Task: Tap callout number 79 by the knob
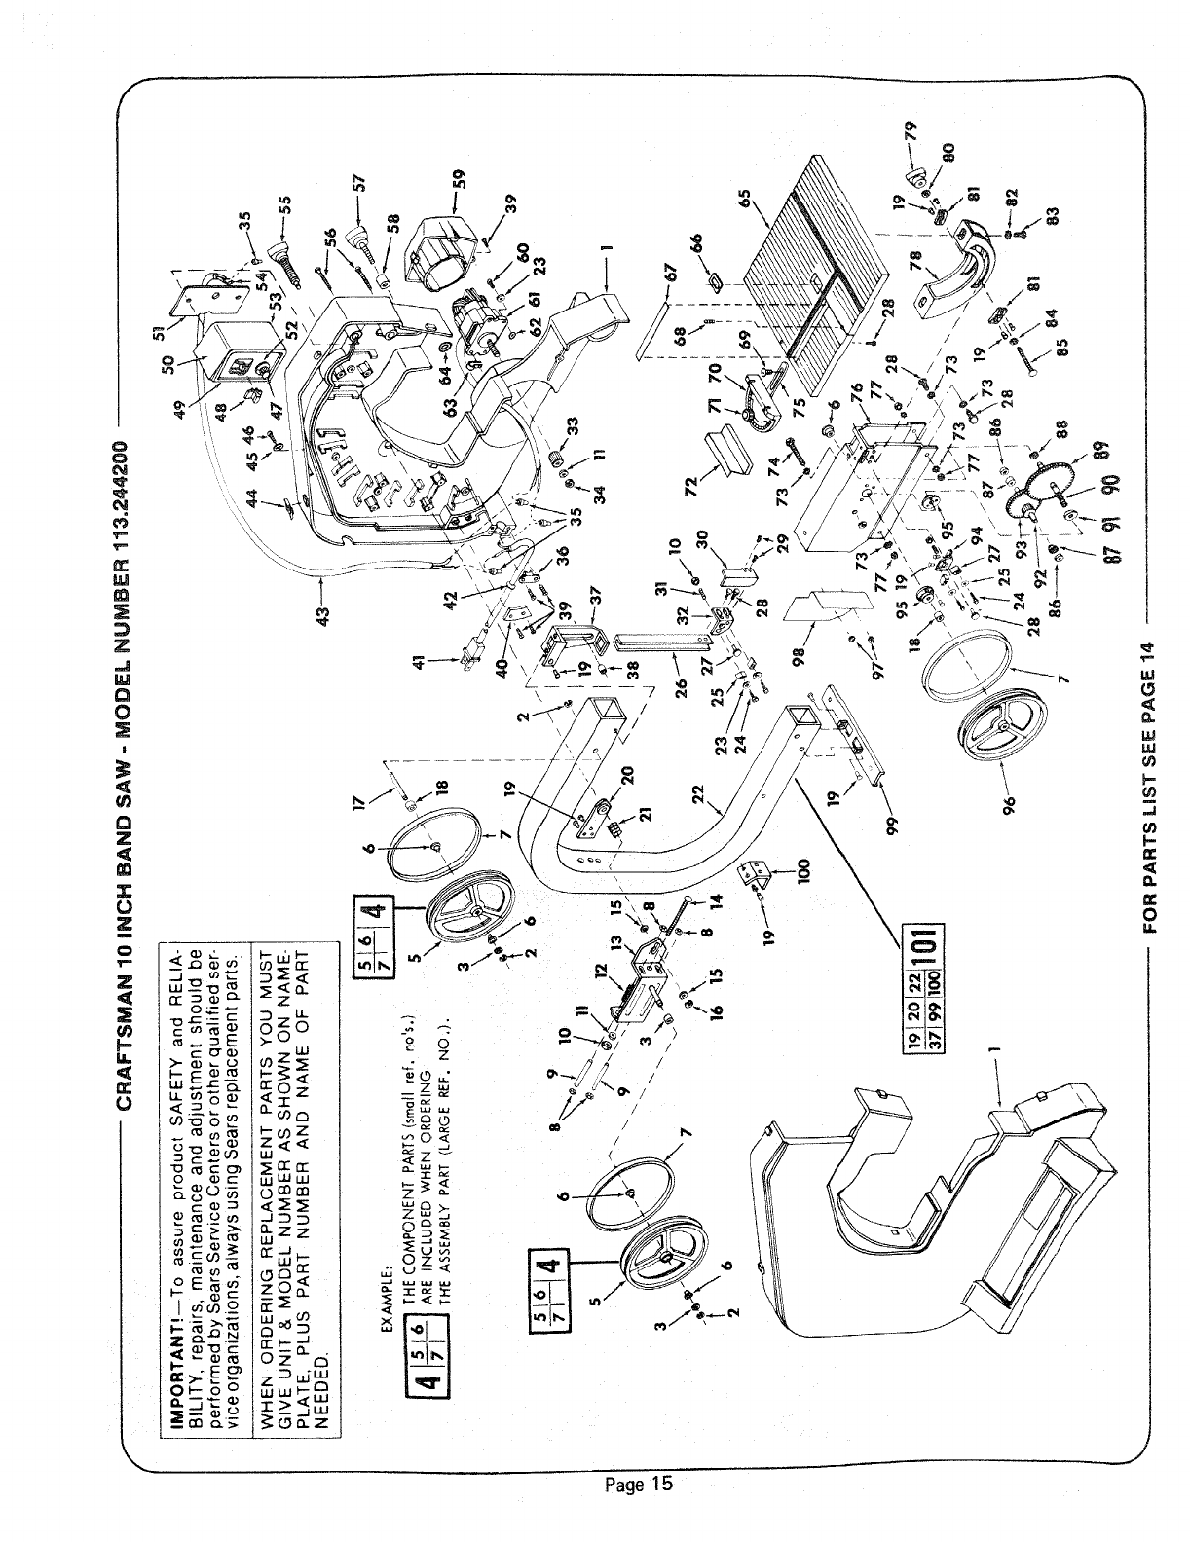coord(911,129)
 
